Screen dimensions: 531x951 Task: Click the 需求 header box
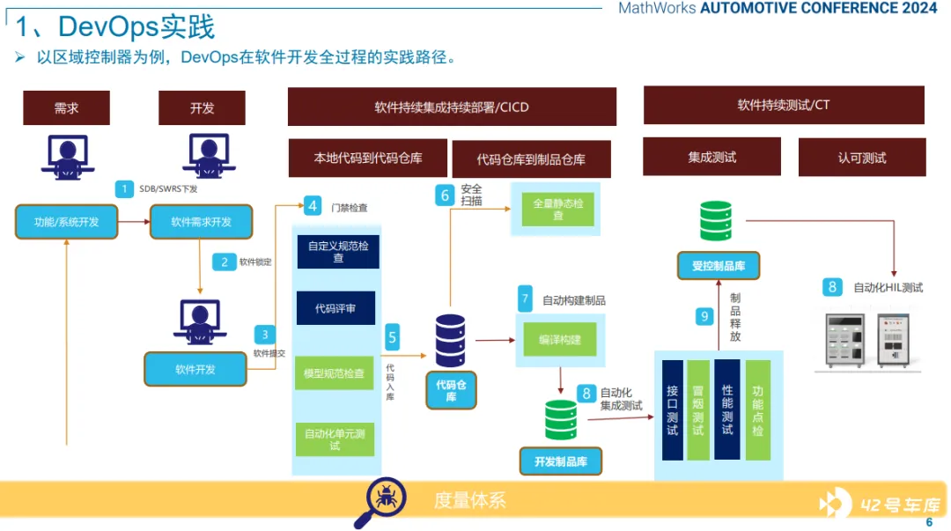pyautogui.click(x=66, y=108)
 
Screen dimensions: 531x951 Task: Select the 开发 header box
pyautogui.click(x=202, y=108)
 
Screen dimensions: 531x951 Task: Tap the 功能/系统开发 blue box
pyautogui.click(x=66, y=222)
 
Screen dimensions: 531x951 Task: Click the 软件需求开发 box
pyautogui.click(x=202, y=222)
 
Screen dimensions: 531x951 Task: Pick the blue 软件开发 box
pyautogui.click(x=195, y=369)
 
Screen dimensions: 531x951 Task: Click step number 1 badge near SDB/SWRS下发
pyautogui.click(x=125, y=188)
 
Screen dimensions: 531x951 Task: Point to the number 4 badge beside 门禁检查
pyautogui.click(x=313, y=207)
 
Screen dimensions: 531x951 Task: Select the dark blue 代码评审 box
pyautogui.click(x=335, y=308)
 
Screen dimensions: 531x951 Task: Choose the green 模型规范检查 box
pyautogui.click(x=335, y=373)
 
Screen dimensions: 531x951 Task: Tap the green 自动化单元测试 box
pyautogui.click(x=335, y=439)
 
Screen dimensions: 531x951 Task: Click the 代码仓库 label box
pyautogui.click(x=451, y=390)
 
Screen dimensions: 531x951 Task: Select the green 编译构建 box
pyautogui.click(x=559, y=339)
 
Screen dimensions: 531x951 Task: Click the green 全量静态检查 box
pyautogui.click(x=558, y=209)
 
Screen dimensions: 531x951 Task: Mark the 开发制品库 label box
pyautogui.click(x=560, y=461)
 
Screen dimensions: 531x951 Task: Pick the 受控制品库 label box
pyautogui.click(x=719, y=265)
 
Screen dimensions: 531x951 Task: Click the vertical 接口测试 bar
pyautogui.click(x=672, y=410)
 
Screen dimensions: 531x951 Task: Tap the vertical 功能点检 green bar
pyautogui.click(x=757, y=410)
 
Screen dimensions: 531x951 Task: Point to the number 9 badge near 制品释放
pyautogui.click(x=704, y=316)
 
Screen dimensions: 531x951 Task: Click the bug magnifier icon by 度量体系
pyautogui.click(x=380, y=502)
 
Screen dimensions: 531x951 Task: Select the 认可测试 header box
pyautogui.click(x=862, y=158)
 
